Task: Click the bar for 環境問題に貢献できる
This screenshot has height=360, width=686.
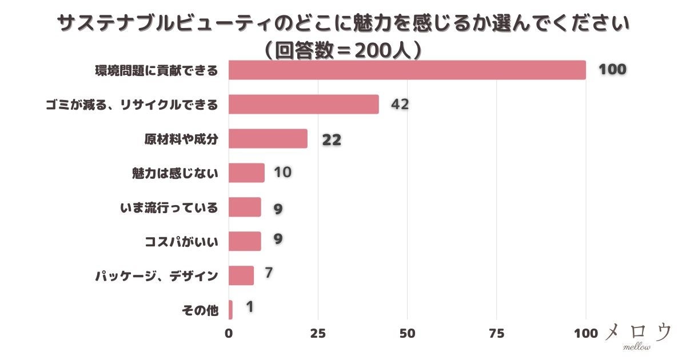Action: pos(407,70)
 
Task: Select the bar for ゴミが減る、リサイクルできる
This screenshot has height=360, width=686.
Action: pos(304,105)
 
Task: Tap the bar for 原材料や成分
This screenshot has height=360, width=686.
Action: pos(268,139)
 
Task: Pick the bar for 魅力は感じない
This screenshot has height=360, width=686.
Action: pos(246,173)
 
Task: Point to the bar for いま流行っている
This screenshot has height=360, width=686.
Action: pos(245,207)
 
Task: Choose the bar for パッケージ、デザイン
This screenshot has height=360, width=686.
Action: pos(241,275)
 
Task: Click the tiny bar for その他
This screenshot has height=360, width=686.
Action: pos(230,310)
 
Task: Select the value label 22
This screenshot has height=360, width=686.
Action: pos(332,140)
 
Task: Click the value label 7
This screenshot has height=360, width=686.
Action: pos(269,273)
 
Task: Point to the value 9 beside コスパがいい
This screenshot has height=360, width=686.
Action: pos(278,239)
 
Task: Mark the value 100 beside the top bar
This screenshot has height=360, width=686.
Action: pos(612,70)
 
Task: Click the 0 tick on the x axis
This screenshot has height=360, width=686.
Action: pos(229,334)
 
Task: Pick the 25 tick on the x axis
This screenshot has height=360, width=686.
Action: pos(318,334)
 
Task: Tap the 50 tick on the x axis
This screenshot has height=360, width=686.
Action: pos(407,334)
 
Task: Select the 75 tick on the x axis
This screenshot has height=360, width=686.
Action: pos(496,334)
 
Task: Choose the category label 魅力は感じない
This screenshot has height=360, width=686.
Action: pos(175,173)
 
